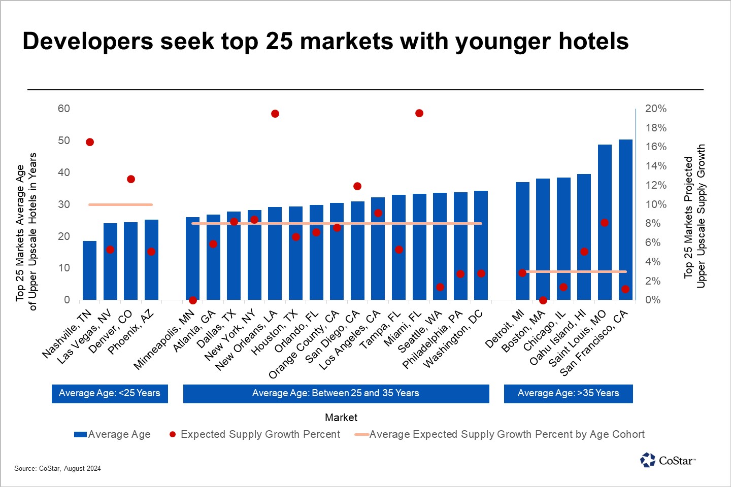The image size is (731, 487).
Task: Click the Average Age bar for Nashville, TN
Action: pos(90,270)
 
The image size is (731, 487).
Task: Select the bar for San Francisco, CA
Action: pos(625,220)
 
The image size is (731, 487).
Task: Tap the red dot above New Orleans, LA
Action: pos(275,114)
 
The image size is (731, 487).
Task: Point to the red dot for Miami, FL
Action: pos(419,113)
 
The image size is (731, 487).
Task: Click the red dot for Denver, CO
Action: pos(131,179)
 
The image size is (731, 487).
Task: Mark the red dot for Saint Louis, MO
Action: pos(605,223)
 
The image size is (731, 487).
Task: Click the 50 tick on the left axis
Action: pos(64,141)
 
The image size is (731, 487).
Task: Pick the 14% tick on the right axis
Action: pos(656,166)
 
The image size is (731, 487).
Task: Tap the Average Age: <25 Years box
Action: pos(110,394)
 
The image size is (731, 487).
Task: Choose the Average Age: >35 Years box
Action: pos(569,394)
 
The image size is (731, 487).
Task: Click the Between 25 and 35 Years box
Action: pos(336,394)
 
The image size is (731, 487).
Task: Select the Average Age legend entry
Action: pos(112,434)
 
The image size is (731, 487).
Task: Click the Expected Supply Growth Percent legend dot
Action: pos(173,434)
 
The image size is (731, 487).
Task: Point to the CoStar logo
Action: pos(668,460)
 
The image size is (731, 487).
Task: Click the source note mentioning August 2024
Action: pos(57,468)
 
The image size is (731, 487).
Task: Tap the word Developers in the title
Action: pos(88,42)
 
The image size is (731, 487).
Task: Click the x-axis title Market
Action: pos(341,418)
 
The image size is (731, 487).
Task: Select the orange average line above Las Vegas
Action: pos(120,204)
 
